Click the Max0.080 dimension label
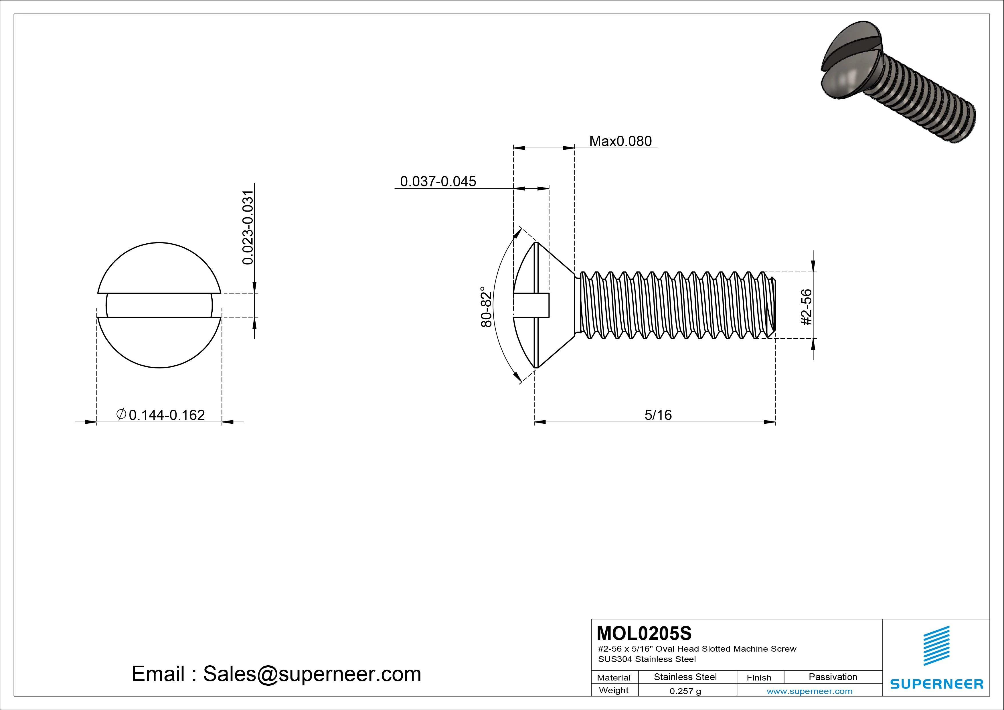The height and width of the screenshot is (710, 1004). (x=620, y=141)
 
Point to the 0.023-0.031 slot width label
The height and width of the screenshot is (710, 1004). (x=248, y=228)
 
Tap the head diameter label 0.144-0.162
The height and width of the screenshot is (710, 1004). (x=167, y=415)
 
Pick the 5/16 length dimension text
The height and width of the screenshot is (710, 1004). (x=658, y=415)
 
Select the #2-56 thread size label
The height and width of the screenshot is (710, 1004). (x=807, y=307)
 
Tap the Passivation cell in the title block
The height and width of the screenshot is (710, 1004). (x=833, y=677)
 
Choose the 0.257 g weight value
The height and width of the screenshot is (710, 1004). (x=685, y=691)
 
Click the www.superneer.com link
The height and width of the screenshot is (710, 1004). (x=809, y=691)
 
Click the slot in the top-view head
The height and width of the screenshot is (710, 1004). (x=159, y=305)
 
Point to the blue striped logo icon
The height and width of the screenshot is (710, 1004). (x=936, y=645)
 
